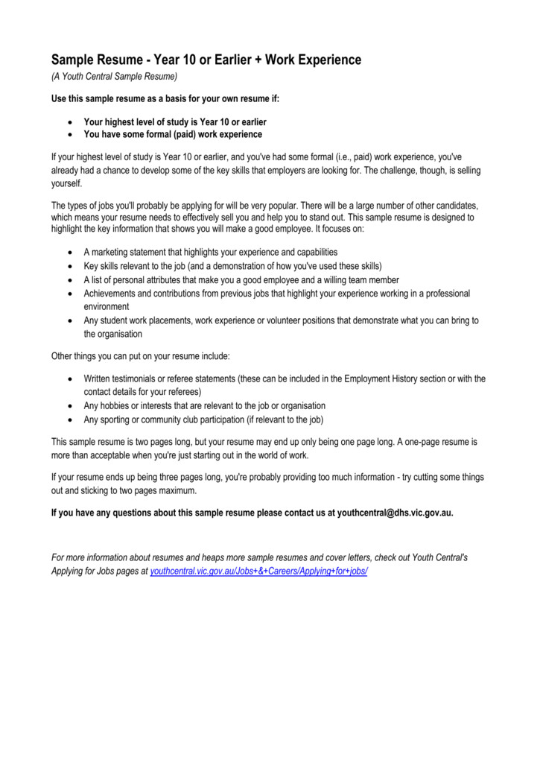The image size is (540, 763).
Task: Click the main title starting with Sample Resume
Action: [206, 60]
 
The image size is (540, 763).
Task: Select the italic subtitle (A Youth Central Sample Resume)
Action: [114, 77]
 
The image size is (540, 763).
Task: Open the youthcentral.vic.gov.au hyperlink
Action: [259, 570]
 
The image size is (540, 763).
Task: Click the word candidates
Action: [454, 205]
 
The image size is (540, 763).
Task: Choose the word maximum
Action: [177, 490]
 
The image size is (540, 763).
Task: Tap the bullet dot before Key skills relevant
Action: [69, 266]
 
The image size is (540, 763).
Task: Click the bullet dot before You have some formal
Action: [69, 135]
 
